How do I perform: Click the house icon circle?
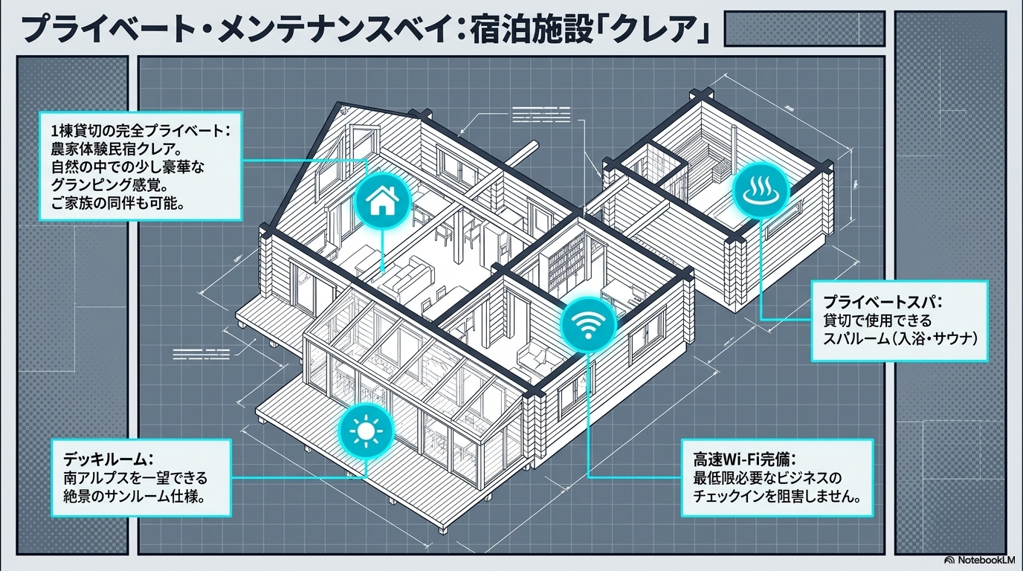pyautogui.click(x=383, y=201)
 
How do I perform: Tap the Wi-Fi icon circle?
pyautogui.click(x=589, y=324)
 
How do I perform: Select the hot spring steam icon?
pyautogui.click(x=761, y=190)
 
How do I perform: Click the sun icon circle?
pyautogui.click(x=366, y=431)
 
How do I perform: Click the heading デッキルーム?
pyautogui.click(x=108, y=459)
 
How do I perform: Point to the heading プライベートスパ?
pyautogui.click(x=882, y=302)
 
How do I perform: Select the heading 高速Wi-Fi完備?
pyautogui.click(x=745, y=459)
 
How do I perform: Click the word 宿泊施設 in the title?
pyautogui.click(x=526, y=30)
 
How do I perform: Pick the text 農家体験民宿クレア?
pyautogui.click(x=117, y=149)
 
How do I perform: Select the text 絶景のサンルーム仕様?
pyautogui.click(x=134, y=496)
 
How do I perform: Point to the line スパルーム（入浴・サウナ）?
pyautogui.click(x=900, y=338)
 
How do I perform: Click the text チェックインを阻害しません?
pyautogui.click(x=777, y=496)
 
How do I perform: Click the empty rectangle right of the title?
pyautogui.click(x=804, y=29)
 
